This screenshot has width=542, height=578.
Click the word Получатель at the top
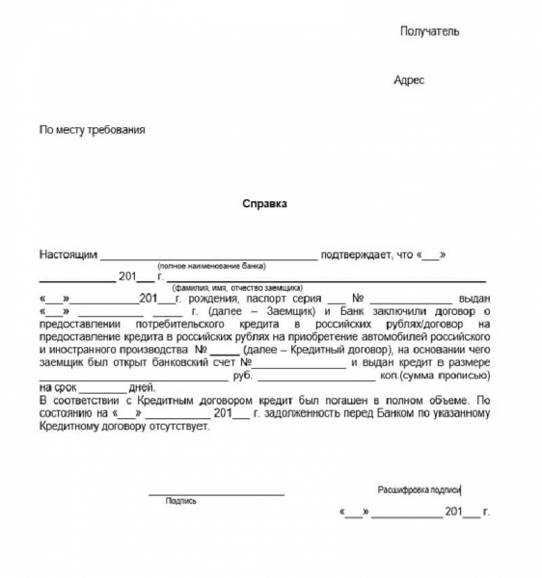tap(429, 32)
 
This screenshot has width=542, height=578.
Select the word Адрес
tap(409, 81)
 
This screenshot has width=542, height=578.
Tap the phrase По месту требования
tap(92, 129)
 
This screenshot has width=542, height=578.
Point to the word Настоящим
tap(68, 254)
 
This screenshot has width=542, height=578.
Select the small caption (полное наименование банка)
tap(211, 266)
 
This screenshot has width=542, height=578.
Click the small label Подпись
tap(180, 501)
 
